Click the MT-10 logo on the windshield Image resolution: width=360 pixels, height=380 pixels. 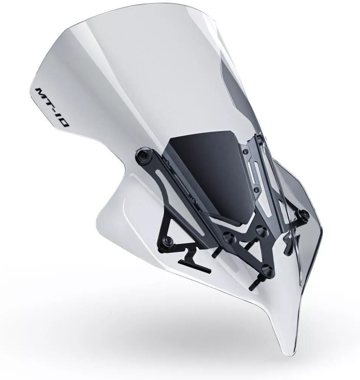[x=51, y=107]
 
